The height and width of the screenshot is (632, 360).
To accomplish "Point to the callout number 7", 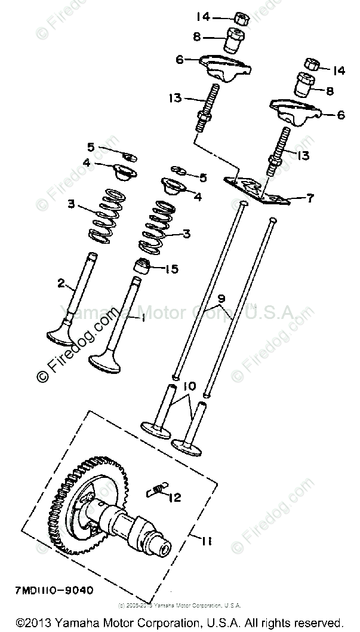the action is point(309,198).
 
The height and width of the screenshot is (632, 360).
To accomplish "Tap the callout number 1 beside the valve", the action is point(143,318).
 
